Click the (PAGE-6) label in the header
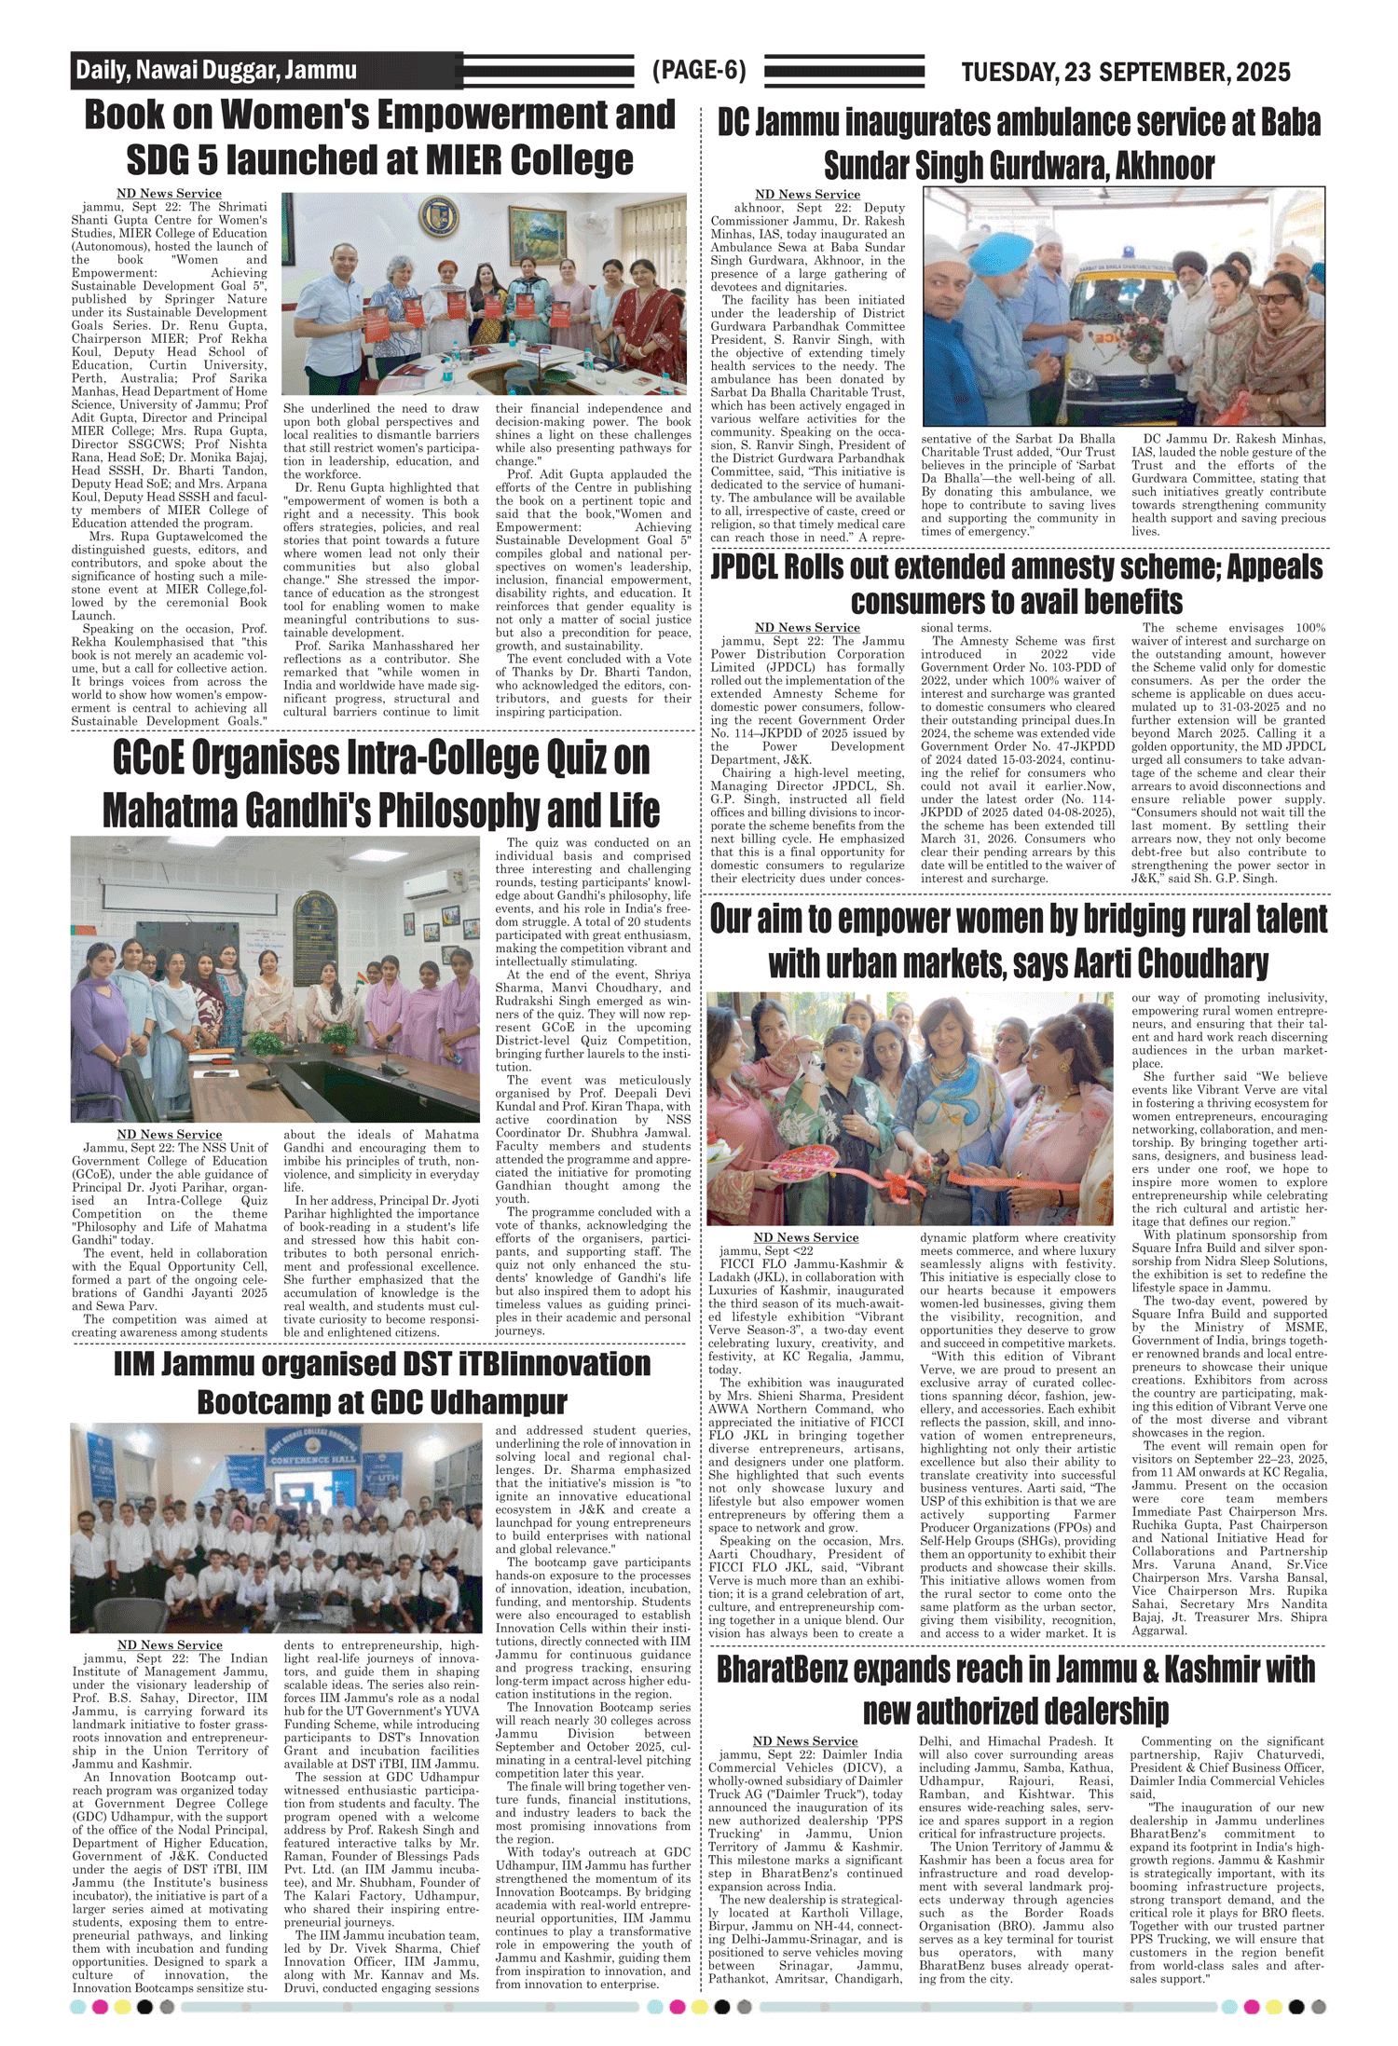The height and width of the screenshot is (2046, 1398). [699, 70]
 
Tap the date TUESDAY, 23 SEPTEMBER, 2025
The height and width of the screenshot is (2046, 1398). [1125, 72]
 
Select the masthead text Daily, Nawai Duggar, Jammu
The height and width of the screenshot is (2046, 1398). [216, 70]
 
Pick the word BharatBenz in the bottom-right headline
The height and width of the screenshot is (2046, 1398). [784, 1670]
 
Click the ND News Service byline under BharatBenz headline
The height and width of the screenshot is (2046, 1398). [804, 1740]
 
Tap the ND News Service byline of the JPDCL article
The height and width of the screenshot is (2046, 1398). [807, 628]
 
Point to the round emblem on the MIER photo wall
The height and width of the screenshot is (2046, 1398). [438, 216]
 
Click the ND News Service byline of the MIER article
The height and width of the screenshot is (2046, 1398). [169, 194]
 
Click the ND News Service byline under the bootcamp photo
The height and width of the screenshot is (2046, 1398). [170, 1644]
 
